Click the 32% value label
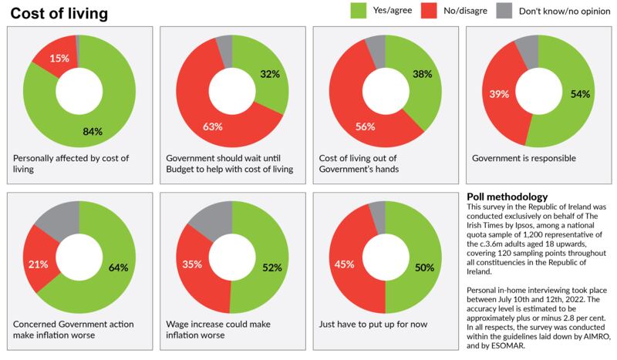point(269,76)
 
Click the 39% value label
point(498,94)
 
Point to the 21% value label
point(38,264)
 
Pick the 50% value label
point(424,268)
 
